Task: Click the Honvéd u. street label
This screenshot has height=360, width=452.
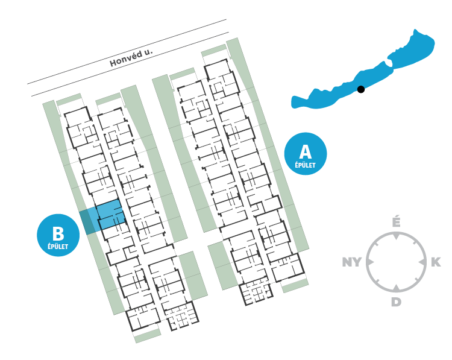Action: coord(131,57)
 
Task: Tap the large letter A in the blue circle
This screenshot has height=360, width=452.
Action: coord(305,151)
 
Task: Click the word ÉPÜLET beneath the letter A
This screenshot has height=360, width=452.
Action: coord(305,165)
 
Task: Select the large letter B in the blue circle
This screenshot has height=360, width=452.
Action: coord(58,233)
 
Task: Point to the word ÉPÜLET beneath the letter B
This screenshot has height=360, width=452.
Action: coord(58,246)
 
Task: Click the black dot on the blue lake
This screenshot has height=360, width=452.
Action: coord(361,89)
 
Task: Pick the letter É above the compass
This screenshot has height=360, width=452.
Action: coord(396,223)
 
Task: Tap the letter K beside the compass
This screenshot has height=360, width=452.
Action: coord(435,262)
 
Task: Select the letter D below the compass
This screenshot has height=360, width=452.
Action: coord(396,302)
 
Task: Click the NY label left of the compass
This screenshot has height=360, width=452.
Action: coord(352,262)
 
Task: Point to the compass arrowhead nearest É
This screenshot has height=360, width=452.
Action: coord(396,237)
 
